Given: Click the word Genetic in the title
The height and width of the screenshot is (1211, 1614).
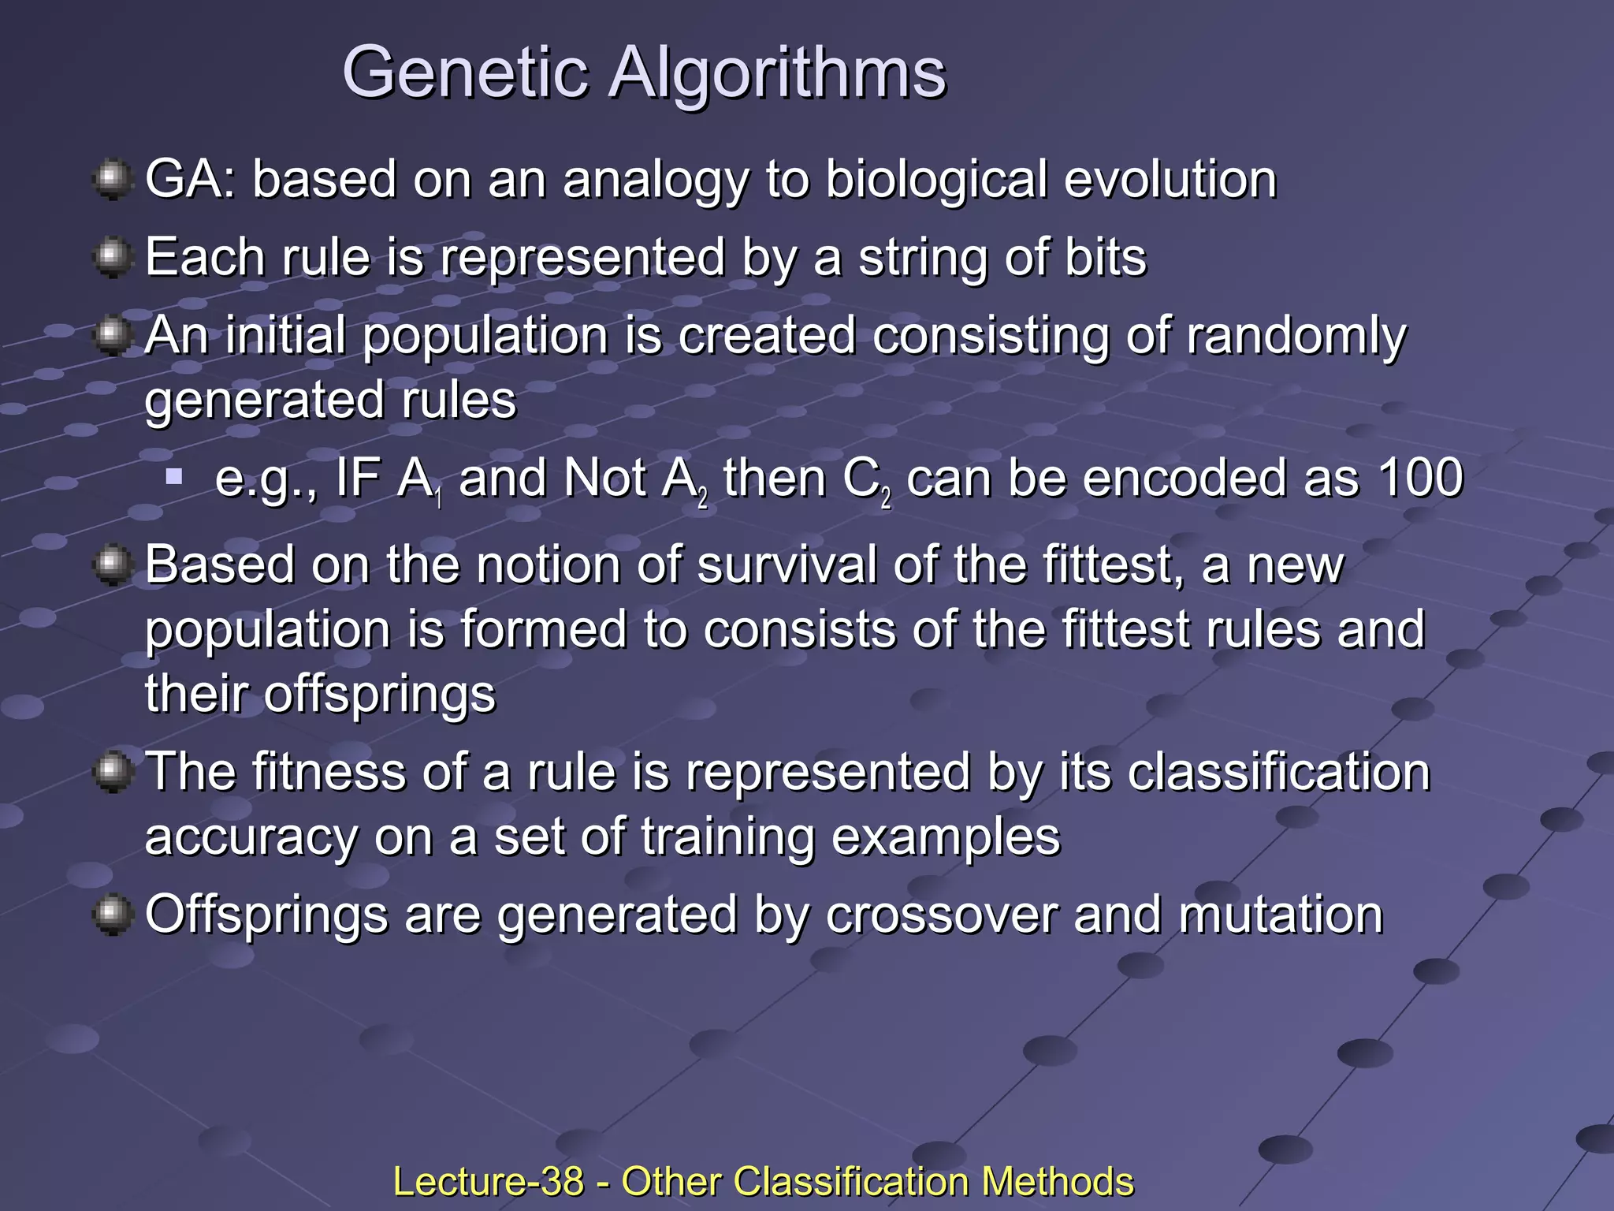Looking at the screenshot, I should click(466, 73).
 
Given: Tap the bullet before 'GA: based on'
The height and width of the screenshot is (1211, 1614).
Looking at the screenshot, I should click(113, 180).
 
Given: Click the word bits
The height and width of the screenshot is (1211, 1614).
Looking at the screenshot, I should click(1105, 258).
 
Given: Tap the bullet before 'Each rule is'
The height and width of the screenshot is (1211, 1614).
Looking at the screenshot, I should click(113, 257).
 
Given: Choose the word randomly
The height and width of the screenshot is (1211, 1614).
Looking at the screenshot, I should click(1296, 337).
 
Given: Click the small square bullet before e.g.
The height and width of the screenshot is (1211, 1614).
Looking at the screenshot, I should click(174, 476).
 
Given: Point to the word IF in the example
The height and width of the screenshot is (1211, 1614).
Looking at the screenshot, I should click(357, 478).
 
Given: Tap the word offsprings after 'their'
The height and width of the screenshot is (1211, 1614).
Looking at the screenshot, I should click(379, 695).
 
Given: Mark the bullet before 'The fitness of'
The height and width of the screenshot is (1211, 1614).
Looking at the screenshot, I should click(113, 771).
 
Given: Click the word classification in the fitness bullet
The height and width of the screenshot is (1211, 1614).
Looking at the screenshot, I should click(1278, 772).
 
